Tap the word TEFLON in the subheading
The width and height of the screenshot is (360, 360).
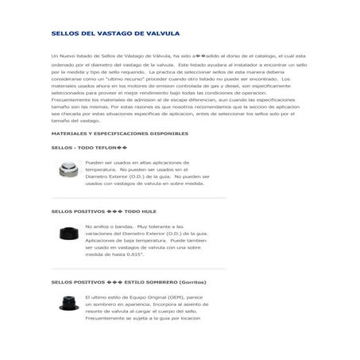(105, 148)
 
